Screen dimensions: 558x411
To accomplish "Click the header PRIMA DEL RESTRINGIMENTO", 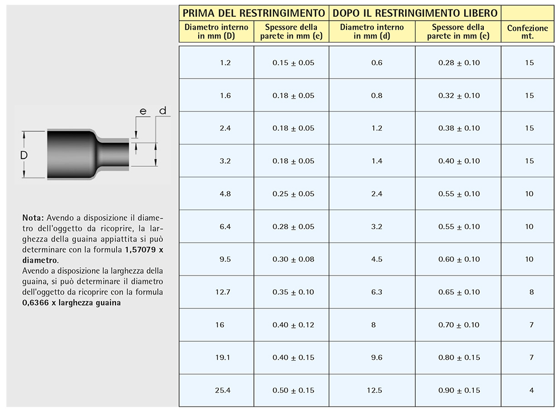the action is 253,13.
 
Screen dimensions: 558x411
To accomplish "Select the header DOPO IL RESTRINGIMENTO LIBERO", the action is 415,13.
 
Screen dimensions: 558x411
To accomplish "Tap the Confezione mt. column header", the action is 527,32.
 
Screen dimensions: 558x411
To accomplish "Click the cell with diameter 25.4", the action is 223,390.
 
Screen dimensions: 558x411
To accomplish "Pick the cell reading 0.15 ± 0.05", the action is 294,63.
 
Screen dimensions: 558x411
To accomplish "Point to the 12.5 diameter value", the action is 374,390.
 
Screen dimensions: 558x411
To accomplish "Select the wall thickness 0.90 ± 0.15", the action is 459,390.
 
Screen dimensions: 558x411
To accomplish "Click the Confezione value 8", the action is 532,292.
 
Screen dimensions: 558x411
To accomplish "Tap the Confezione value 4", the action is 532,390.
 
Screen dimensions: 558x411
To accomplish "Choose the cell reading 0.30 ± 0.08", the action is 294,259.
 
